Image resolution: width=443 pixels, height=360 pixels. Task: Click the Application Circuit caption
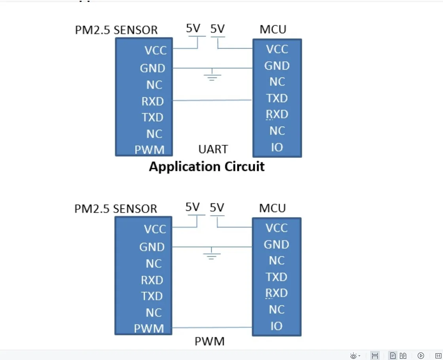[x=206, y=167]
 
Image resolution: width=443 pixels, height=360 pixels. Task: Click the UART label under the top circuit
[x=213, y=149]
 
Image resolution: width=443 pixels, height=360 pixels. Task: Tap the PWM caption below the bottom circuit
[x=210, y=341]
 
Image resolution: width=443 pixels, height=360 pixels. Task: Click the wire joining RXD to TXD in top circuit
[x=212, y=100]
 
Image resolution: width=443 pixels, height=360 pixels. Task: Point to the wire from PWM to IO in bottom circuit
[x=212, y=328]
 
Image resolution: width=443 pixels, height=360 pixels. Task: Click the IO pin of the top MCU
[x=277, y=148]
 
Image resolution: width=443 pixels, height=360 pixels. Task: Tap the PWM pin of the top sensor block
[x=149, y=150]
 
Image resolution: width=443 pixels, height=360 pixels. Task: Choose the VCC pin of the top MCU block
[x=277, y=49]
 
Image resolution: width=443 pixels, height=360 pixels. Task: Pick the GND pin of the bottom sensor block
[x=152, y=247]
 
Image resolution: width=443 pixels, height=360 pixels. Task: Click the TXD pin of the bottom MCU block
[x=276, y=277]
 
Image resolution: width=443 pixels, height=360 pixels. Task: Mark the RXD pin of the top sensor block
[x=153, y=101]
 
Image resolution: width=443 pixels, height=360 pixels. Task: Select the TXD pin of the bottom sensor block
[x=152, y=296]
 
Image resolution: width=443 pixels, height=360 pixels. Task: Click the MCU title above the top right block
[x=273, y=29]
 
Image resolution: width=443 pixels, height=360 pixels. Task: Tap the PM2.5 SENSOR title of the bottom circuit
[x=116, y=208]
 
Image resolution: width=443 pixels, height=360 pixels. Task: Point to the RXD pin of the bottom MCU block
[x=276, y=293]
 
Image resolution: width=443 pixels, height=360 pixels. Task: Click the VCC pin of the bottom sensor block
[x=155, y=229]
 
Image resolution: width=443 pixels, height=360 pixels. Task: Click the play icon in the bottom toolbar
[x=421, y=356]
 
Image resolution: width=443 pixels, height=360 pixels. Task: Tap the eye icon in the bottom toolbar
[x=354, y=356]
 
